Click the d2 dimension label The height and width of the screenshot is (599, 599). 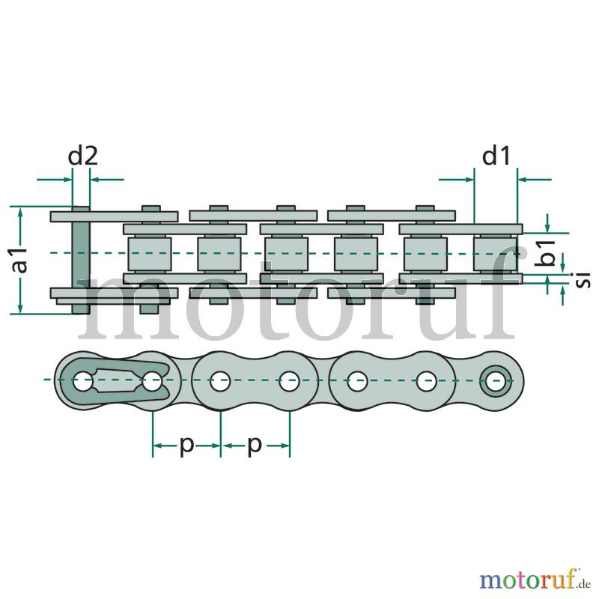[x=83, y=156]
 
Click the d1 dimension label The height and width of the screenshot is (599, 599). [x=496, y=156]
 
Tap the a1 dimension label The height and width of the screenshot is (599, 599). [x=20, y=260]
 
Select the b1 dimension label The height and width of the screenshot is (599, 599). [x=546, y=252]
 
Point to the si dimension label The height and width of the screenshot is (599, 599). [x=583, y=279]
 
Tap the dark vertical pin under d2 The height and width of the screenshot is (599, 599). [x=81, y=260]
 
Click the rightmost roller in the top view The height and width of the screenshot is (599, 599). [x=495, y=254]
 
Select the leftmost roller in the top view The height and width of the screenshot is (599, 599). [x=149, y=254]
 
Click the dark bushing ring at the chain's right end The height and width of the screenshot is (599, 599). [x=496, y=381]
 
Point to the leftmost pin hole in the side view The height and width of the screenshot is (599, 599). [x=82, y=381]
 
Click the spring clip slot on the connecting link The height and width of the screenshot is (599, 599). [x=118, y=380]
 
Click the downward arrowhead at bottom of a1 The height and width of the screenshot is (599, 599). [x=21, y=308]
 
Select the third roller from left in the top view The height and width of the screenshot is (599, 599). [x=287, y=254]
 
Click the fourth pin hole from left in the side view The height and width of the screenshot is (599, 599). [x=289, y=381]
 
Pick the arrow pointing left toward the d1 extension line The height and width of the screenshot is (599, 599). [x=534, y=179]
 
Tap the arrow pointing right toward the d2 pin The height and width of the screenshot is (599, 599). [x=55, y=179]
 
